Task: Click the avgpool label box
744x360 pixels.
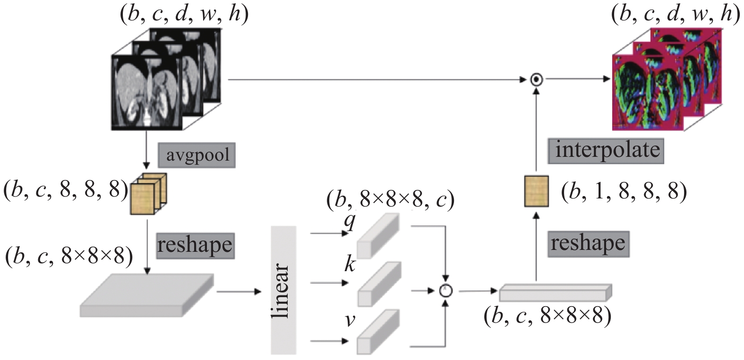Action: click(x=197, y=155)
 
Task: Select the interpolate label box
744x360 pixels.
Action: click(x=606, y=150)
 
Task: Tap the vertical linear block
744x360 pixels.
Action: click(x=283, y=290)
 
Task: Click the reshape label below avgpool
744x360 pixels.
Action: click(x=195, y=246)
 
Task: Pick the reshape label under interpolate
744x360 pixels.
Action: click(x=588, y=244)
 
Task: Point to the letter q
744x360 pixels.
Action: click(x=350, y=222)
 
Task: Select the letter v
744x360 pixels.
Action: click(x=350, y=320)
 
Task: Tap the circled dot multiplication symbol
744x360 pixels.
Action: click(x=537, y=80)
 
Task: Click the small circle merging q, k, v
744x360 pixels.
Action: click(x=446, y=291)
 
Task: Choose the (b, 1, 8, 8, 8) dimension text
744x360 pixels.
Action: click(x=624, y=192)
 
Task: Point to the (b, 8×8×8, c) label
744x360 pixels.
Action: click(x=390, y=200)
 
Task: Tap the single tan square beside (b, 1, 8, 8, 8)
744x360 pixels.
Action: click(x=537, y=192)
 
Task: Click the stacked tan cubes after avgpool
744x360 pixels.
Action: click(x=148, y=194)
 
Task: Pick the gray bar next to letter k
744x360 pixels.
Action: click(x=379, y=284)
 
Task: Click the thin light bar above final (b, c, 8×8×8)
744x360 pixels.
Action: click(x=556, y=292)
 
